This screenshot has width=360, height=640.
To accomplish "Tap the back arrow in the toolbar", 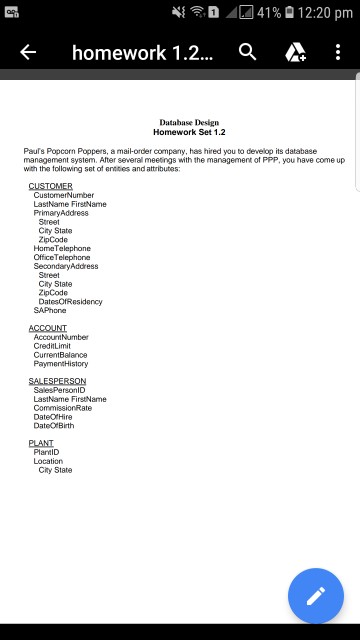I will pos(28,53).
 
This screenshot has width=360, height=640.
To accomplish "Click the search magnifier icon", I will pos(248,53).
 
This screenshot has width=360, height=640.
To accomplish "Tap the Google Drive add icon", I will pos(295,53).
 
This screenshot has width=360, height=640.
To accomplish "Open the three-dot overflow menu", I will pos(338,53).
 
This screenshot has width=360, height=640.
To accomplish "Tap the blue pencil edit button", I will pos(316,596).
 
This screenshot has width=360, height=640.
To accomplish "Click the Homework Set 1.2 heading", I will pos(189,132).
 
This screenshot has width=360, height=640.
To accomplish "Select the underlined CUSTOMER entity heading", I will pos(50,186).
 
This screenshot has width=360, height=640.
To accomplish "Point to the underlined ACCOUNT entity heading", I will pos(48,328).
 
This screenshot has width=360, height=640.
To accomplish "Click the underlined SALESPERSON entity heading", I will pos(57,381).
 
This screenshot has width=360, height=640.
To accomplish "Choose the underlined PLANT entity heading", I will pos(41,443).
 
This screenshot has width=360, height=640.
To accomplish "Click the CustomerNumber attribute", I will pos(64,195).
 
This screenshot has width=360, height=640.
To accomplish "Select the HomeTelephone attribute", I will pos(62,248).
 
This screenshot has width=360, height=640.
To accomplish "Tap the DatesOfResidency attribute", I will pos(70,301).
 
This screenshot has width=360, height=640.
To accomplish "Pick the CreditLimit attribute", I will pos(52,346).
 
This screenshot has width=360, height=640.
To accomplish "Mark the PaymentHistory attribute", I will pos(61,364).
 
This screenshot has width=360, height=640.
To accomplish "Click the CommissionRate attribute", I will pos(63,408).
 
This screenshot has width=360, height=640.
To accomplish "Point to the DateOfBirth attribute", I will pos(54,426).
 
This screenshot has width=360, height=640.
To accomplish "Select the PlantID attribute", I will pos(47,452).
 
